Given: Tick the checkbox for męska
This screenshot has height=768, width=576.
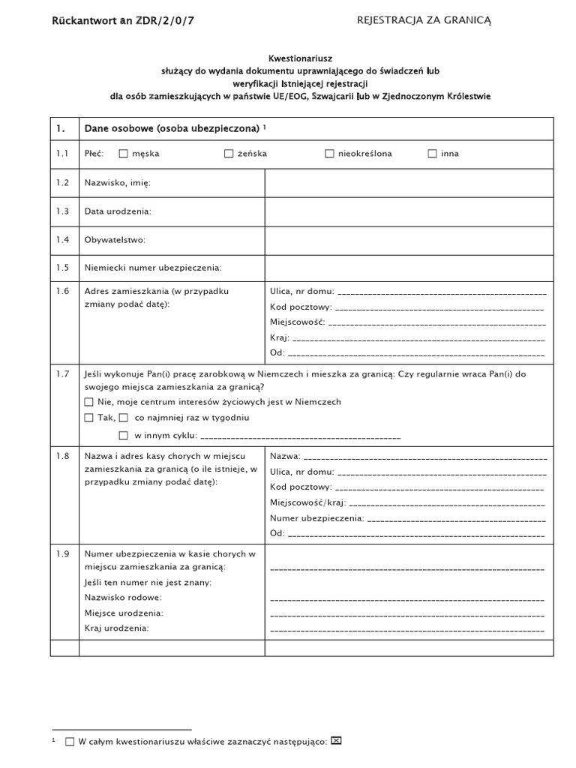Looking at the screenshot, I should [124, 154].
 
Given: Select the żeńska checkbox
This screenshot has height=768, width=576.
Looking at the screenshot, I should [229, 154].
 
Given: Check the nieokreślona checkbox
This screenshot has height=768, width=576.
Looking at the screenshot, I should [329, 154].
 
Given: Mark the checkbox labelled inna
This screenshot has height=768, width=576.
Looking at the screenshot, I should [432, 154].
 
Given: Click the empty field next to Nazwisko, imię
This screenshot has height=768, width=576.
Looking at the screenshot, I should [409, 182].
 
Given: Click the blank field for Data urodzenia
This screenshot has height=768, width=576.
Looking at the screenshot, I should [409, 211].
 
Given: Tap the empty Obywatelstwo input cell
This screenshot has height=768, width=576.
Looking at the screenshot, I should [409, 240].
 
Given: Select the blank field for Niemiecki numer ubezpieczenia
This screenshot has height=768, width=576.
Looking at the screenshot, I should [409, 268].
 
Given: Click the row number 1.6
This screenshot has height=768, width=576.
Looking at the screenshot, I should [62, 291].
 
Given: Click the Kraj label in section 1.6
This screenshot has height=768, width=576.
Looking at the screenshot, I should [279, 338].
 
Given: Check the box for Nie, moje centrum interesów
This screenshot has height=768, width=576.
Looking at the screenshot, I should [89, 402].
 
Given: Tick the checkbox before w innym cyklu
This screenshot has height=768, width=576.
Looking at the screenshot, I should [124, 435].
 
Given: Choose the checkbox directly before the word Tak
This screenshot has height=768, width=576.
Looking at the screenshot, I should [89, 418].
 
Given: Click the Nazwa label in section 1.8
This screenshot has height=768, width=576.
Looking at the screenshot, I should [284, 456].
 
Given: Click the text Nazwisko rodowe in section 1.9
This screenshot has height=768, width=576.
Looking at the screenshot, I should [123, 598].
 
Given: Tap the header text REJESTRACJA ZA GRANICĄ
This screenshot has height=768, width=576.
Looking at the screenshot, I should [424, 21].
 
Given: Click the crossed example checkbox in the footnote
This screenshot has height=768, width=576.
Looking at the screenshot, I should [336, 741].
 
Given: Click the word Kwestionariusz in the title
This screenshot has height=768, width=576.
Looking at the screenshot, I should [301, 58].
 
